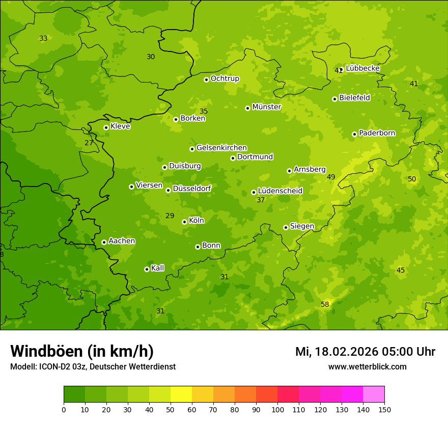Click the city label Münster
(266, 107)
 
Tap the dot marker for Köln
(184, 222)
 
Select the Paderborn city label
(377, 133)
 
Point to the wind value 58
(325, 304)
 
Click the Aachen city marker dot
(104, 242)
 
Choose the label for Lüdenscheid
(280, 191)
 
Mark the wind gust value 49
(331, 177)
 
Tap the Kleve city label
(120, 126)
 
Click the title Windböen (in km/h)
(82, 351)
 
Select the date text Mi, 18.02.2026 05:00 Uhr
(365, 352)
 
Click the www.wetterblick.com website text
(367, 366)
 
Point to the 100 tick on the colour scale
(277, 409)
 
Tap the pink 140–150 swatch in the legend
(374, 394)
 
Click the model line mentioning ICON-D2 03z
(93, 366)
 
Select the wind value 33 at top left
(43, 38)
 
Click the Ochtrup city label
(225, 78)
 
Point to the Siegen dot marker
(286, 227)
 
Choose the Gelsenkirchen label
(221, 148)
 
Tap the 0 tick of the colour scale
(64, 409)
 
